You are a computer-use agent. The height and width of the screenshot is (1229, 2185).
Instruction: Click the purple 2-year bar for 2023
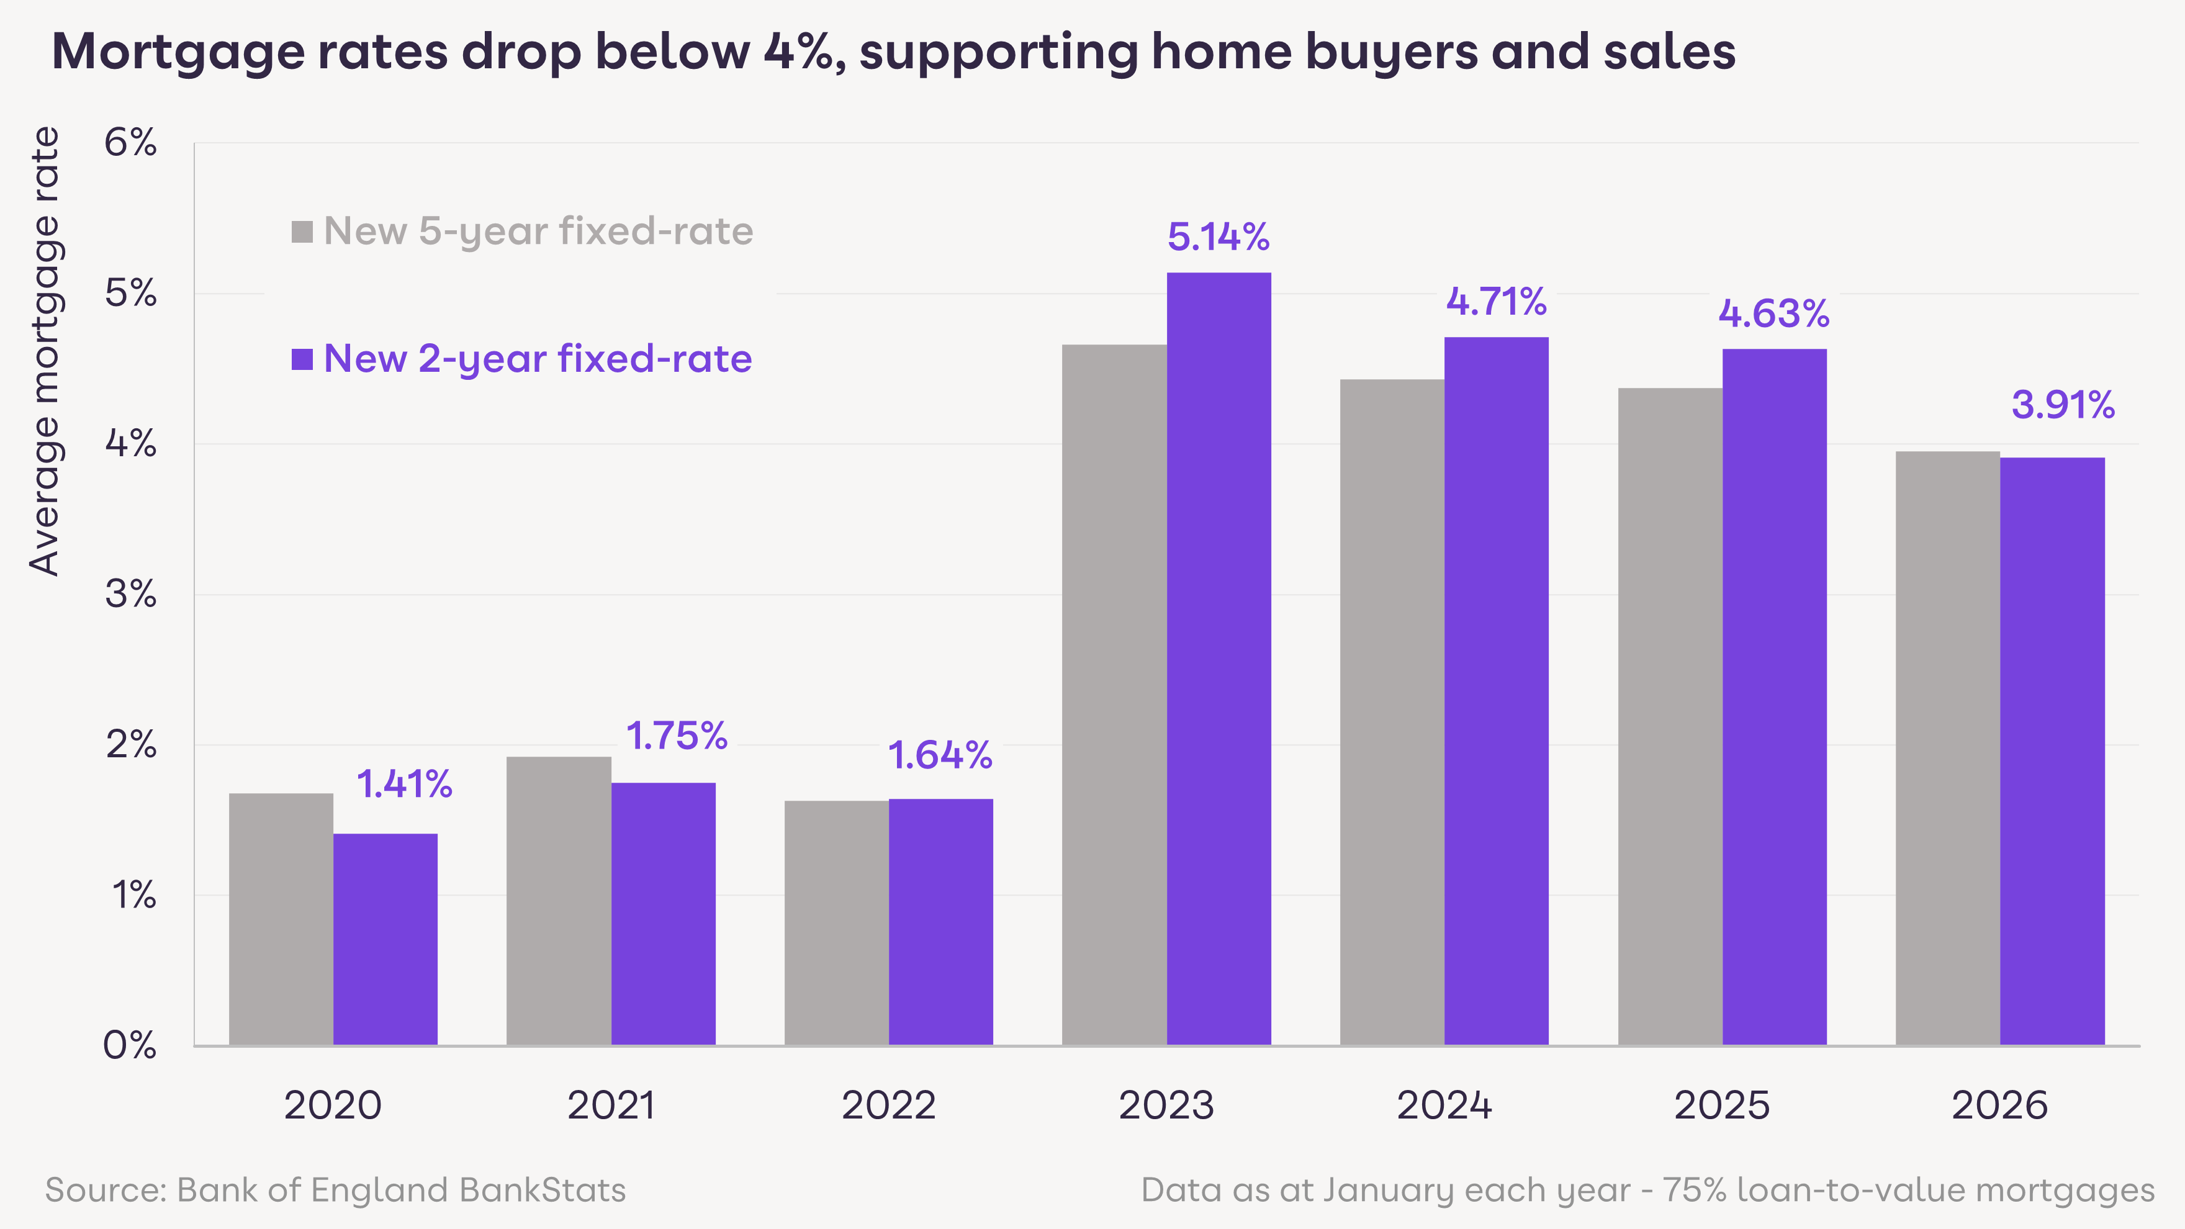[1219, 658]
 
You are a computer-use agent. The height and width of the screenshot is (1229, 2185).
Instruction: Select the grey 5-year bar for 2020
[281, 919]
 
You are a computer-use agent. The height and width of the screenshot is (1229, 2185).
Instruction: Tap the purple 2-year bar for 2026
[2052, 750]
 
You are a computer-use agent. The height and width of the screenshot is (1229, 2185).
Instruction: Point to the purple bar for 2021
[664, 914]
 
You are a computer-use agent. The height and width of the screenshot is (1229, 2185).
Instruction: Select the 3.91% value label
[2063, 405]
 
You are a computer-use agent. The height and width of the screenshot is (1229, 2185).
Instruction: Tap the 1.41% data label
[403, 784]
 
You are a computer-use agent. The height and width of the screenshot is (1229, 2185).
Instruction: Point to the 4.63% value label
[1773, 314]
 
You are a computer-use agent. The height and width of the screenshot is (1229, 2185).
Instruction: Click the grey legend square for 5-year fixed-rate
[302, 232]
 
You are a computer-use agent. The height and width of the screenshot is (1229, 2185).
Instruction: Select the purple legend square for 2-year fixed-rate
[302, 359]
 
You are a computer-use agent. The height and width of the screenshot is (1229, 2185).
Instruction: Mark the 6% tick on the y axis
[130, 143]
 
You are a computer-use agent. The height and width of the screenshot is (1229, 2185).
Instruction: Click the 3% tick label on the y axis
[130, 594]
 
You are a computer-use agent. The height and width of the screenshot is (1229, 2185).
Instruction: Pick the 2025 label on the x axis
[1722, 1105]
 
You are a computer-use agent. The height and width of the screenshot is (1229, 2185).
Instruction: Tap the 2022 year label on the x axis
[888, 1105]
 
